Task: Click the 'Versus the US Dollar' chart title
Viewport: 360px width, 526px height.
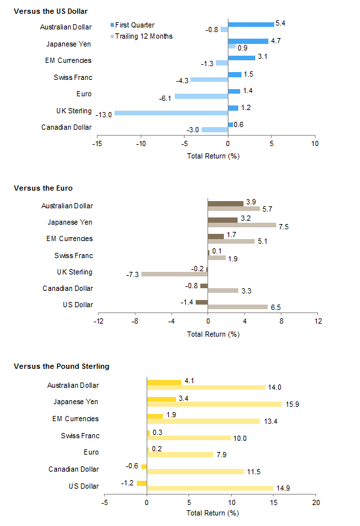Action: click(x=50, y=11)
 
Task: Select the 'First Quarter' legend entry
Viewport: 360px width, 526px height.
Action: click(x=132, y=25)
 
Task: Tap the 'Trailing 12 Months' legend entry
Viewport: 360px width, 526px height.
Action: click(x=141, y=36)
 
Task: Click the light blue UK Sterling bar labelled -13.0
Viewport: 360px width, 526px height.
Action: click(x=171, y=113)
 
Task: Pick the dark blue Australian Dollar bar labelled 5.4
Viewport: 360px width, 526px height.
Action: click(x=251, y=24)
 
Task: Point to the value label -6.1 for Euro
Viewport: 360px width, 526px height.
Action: click(x=165, y=98)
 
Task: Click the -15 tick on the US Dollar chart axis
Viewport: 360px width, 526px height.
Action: click(x=98, y=143)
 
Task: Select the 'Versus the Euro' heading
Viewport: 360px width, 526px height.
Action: click(x=43, y=188)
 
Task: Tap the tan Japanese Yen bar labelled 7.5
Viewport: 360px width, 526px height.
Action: click(x=242, y=225)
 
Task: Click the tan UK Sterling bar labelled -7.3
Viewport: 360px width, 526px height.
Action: click(x=175, y=274)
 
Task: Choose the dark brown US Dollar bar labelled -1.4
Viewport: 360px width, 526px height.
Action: click(x=202, y=302)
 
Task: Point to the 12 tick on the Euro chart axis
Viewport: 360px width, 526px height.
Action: click(x=317, y=321)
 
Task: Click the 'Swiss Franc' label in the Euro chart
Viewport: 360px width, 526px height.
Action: click(x=74, y=255)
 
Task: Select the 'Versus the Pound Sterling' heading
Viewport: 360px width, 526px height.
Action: click(x=62, y=366)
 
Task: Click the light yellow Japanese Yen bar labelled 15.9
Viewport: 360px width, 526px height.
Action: click(x=214, y=404)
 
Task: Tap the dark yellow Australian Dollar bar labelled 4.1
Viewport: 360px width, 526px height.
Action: click(x=164, y=383)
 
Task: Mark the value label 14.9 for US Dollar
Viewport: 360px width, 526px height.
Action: click(x=283, y=488)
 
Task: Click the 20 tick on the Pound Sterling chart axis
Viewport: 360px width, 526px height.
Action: click(x=316, y=502)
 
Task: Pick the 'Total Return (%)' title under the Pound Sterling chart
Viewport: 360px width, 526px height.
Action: click(x=213, y=513)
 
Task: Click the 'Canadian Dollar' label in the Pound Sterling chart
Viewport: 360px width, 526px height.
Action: click(x=74, y=469)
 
